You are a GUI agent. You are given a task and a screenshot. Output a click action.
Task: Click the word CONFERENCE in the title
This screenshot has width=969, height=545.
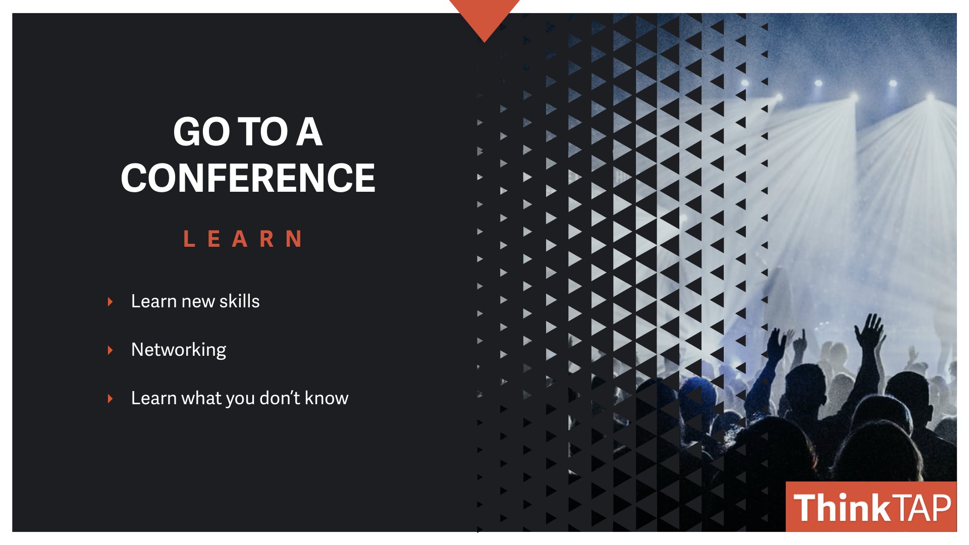[x=248, y=178]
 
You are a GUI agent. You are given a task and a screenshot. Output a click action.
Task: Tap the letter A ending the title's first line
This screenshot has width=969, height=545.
[x=309, y=132]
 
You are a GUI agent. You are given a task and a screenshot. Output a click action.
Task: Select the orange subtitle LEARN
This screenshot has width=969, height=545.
[x=243, y=239]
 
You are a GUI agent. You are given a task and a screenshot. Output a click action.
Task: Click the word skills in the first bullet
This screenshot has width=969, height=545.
[x=239, y=301]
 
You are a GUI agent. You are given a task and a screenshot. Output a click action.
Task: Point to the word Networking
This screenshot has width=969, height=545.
[x=179, y=350]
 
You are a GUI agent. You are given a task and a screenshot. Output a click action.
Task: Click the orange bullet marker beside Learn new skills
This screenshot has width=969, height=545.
[x=110, y=302]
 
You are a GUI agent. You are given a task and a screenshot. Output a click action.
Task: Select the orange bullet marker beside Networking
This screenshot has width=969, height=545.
[x=110, y=350]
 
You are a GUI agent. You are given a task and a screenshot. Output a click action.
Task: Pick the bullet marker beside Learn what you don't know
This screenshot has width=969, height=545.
[x=110, y=399]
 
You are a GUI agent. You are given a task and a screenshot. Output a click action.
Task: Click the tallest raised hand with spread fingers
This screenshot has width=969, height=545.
[x=870, y=331]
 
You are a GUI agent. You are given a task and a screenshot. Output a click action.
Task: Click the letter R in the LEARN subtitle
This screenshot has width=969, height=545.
[x=267, y=239]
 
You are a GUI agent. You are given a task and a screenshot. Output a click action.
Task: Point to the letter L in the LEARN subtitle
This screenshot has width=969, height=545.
[x=189, y=239]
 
